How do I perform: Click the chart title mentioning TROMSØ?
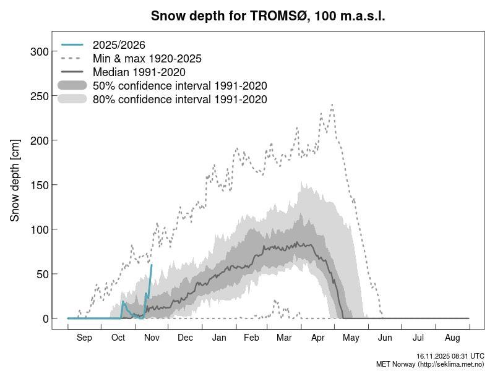click(x=268, y=16)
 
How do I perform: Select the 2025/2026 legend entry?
click(x=119, y=45)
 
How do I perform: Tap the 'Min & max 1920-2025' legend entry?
click(x=147, y=59)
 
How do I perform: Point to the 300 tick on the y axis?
click(x=39, y=51)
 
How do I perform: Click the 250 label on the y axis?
click(x=39, y=96)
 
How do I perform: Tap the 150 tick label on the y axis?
click(x=39, y=185)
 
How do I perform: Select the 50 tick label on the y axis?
click(x=42, y=274)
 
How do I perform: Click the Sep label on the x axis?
click(x=84, y=338)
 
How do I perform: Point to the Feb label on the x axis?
click(x=251, y=338)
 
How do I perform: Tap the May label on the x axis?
click(x=351, y=338)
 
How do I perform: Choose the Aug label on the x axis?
click(x=452, y=338)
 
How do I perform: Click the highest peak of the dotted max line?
click(x=332, y=104)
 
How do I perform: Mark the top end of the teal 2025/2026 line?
click(x=151, y=265)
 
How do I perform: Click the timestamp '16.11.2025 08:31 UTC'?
click(x=450, y=357)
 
